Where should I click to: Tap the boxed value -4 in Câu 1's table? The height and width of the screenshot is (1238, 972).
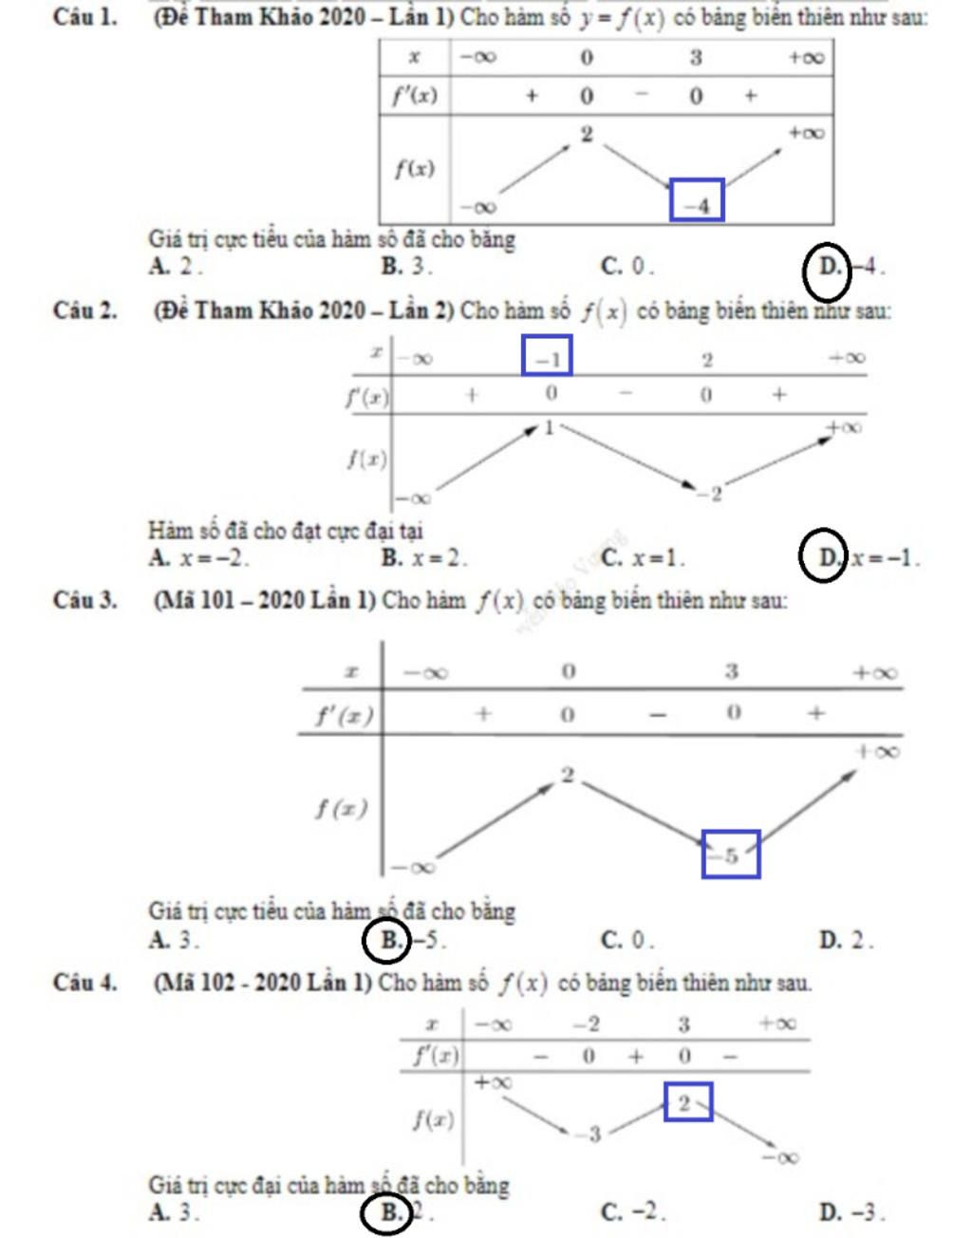pyautogui.click(x=697, y=199)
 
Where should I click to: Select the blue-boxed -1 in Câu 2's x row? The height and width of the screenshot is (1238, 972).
pyautogui.click(x=547, y=355)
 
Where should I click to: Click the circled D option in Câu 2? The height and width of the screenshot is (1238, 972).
pyautogui.click(x=823, y=555)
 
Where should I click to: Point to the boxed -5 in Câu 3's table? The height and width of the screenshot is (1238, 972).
pyautogui.click(x=731, y=854)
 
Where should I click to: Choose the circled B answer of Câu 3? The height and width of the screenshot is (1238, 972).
pyautogui.click(x=386, y=940)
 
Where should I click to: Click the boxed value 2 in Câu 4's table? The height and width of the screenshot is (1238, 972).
pyautogui.click(x=688, y=1102)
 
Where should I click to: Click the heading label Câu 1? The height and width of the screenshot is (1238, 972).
pyautogui.click(x=85, y=17)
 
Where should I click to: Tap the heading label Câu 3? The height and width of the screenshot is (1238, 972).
pyautogui.click(x=85, y=600)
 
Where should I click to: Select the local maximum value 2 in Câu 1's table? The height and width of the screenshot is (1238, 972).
pyautogui.click(x=587, y=134)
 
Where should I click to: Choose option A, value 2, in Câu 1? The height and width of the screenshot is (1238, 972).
pyautogui.click(x=176, y=266)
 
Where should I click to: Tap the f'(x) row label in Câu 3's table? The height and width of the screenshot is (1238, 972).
pyautogui.click(x=345, y=715)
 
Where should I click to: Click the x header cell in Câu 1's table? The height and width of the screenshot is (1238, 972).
pyautogui.click(x=415, y=57)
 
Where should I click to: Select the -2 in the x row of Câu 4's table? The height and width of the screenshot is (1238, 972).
pyautogui.click(x=587, y=1025)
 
